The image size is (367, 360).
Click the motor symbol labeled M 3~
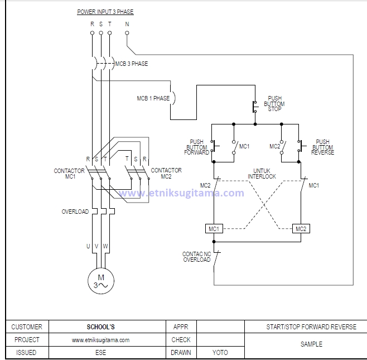[101, 281]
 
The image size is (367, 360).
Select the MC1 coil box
[214, 229]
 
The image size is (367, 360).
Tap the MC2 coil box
[301, 229]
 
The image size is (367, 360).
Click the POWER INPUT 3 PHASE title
[105, 12]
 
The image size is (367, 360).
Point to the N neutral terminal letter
[127, 24]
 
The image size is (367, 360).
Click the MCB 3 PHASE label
[132, 64]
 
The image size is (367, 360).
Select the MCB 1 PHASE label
[153, 98]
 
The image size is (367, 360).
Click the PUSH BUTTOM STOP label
[274, 104]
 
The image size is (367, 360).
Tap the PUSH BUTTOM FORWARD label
[199, 147]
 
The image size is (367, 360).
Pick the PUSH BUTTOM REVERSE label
[322, 147]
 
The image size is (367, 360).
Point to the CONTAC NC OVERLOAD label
[196, 257]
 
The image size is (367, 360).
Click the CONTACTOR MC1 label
[69, 174]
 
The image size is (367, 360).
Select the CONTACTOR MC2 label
[166, 173]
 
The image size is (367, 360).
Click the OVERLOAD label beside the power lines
[75, 212]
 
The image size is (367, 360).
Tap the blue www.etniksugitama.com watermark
[181, 193]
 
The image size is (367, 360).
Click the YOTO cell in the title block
[220, 353]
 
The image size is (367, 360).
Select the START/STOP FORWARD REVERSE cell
[311, 327]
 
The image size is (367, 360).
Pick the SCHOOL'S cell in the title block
[100, 327]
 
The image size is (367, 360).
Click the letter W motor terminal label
[105, 246]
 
